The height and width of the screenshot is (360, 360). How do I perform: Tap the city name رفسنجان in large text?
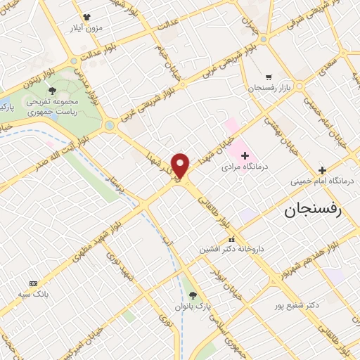[x=311, y=210]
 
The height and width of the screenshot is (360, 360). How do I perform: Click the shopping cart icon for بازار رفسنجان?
[x=268, y=77]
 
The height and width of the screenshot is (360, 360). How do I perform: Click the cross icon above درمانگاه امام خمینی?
[x=322, y=170]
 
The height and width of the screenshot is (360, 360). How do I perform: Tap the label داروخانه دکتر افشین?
[x=229, y=249]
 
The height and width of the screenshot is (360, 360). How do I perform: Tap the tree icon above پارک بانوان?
[x=194, y=295]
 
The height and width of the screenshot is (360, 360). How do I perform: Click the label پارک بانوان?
[x=195, y=307]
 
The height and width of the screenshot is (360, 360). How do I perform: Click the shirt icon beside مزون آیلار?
[x=86, y=17]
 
